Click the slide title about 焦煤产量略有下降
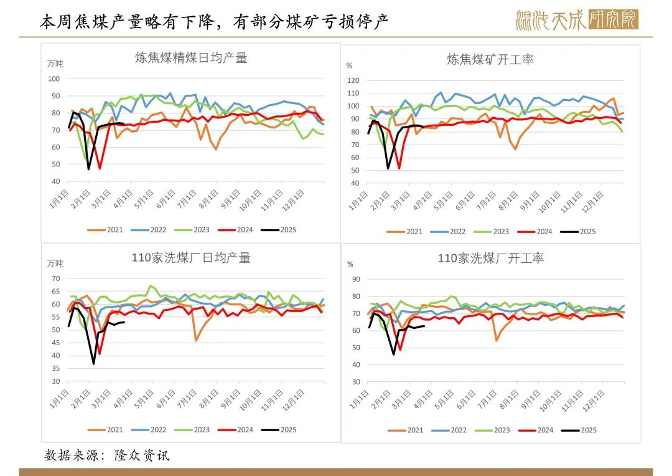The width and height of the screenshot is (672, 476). pyautogui.click(x=214, y=21)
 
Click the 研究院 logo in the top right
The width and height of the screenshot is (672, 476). pyautogui.click(x=577, y=20)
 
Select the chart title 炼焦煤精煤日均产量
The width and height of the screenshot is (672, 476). pyautogui.click(x=191, y=58)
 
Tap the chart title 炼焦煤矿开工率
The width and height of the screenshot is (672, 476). pyautogui.click(x=490, y=60)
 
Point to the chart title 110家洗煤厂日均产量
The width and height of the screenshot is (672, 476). pyautogui.click(x=191, y=258)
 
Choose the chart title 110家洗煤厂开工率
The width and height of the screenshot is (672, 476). pyautogui.click(x=490, y=258)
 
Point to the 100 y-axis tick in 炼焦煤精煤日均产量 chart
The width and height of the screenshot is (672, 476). pyautogui.click(x=54, y=79)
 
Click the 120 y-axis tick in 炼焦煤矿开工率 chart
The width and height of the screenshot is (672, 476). pyautogui.click(x=353, y=80)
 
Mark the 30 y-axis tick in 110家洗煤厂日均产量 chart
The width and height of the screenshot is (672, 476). pyautogui.click(x=55, y=381)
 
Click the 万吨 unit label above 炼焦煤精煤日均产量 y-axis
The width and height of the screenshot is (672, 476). pyautogui.click(x=55, y=64)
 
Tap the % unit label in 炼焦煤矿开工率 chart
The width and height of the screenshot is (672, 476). pyautogui.click(x=349, y=65)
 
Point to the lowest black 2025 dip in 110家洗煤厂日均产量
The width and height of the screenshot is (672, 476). pyautogui.click(x=94, y=364)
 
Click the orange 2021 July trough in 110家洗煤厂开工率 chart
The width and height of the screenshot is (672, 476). pyautogui.click(x=496, y=340)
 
